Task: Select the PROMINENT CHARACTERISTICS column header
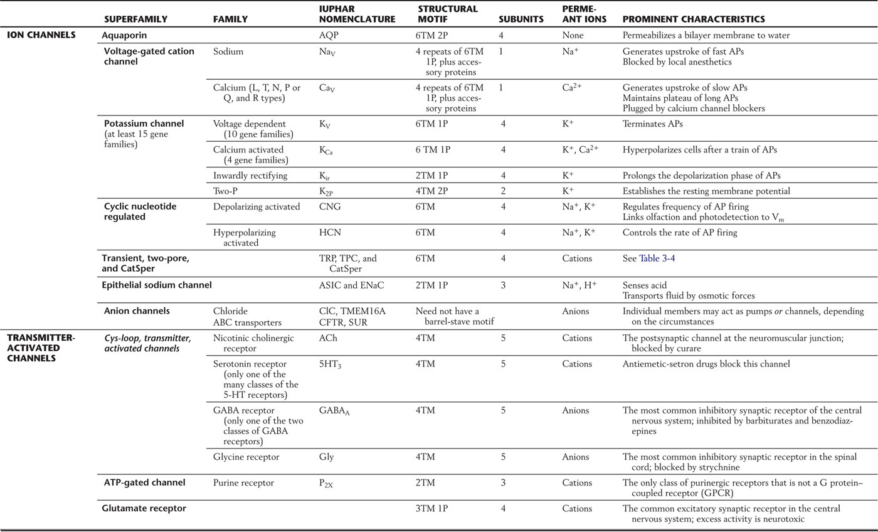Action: [x=693, y=19]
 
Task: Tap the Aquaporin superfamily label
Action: [x=125, y=36]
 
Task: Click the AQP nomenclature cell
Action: [x=328, y=36]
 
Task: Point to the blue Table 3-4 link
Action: [x=657, y=258]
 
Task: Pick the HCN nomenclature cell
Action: [x=330, y=233]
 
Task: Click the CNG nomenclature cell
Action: [x=330, y=207]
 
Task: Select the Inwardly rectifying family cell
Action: [x=250, y=176]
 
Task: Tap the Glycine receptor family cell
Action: [x=246, y=457]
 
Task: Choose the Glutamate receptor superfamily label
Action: [x=144, y=509]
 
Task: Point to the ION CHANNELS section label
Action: [x=41, y=35]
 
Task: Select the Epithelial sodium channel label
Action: [x=157, y=285]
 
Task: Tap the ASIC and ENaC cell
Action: [x=351, y=285]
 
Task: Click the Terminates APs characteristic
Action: [x=652, y=124]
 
